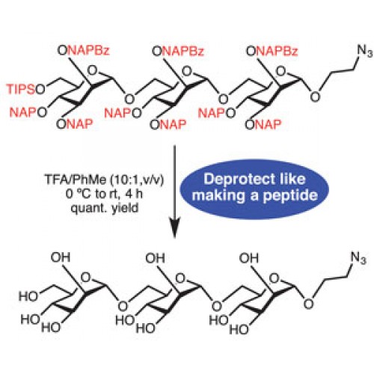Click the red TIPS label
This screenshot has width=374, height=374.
coord(21,89)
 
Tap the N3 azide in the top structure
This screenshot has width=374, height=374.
coord(365,51)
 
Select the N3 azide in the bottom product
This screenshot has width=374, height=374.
coord(358,257)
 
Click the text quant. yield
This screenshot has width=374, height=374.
coord(105,208)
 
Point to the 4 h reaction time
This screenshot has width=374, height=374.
coord(134,194)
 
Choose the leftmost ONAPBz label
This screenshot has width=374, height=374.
coord(83,51)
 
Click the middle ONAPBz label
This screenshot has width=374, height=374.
coord(178,51)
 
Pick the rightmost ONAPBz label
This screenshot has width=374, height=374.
coord(272,51)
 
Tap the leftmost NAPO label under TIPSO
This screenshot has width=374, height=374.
coord(28,112)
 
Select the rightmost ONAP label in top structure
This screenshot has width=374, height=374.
coord(263,124)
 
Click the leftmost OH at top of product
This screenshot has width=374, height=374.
coord(61,257)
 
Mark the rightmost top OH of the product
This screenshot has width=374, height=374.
coord(249,258)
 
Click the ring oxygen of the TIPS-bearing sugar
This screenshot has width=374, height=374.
coord(92,71)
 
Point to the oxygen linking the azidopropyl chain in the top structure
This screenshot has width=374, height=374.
coord(315,96)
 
